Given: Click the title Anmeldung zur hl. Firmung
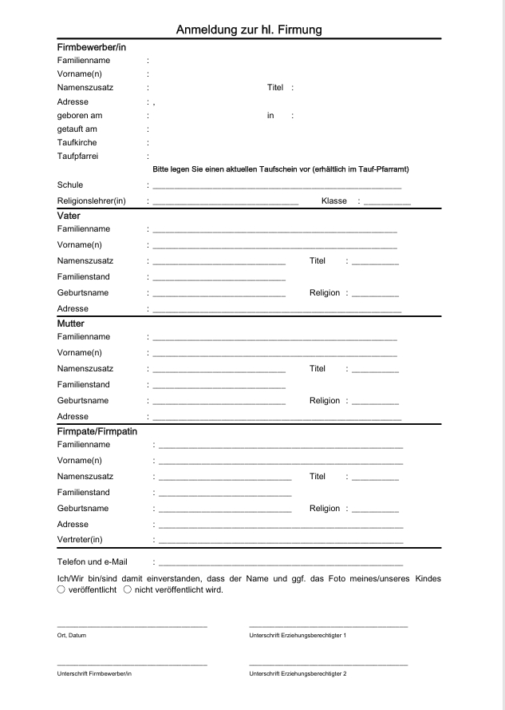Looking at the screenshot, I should [x=249, y=30].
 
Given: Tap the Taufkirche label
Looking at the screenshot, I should [x=77, y=142].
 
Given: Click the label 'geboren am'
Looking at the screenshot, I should [x=80, y=115].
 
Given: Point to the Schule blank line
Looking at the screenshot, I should [x=276, y=186].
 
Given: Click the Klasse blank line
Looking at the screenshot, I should [x=387, y=202].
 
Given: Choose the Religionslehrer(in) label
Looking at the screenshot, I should [x=92, y=200].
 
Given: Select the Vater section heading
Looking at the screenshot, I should [x=69, y=216].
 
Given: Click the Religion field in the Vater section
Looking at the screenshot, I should [x=375, y=294].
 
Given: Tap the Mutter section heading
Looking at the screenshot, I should [x=70, y=323].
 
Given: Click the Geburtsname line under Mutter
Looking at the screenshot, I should [x=219, y=402].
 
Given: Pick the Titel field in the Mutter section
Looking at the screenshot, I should [x=375, y=370].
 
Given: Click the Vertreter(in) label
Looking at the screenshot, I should [x=80, y=540].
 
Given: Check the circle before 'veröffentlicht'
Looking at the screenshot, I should [x=61, y=590].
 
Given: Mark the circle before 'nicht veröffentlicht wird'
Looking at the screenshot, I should [x=128, y=590].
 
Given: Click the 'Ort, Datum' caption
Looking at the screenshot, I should [x=72, y=635].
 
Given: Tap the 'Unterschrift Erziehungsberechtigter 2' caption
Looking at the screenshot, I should [x=298, y=674].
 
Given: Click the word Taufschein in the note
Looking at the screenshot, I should [x=289, y=169].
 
